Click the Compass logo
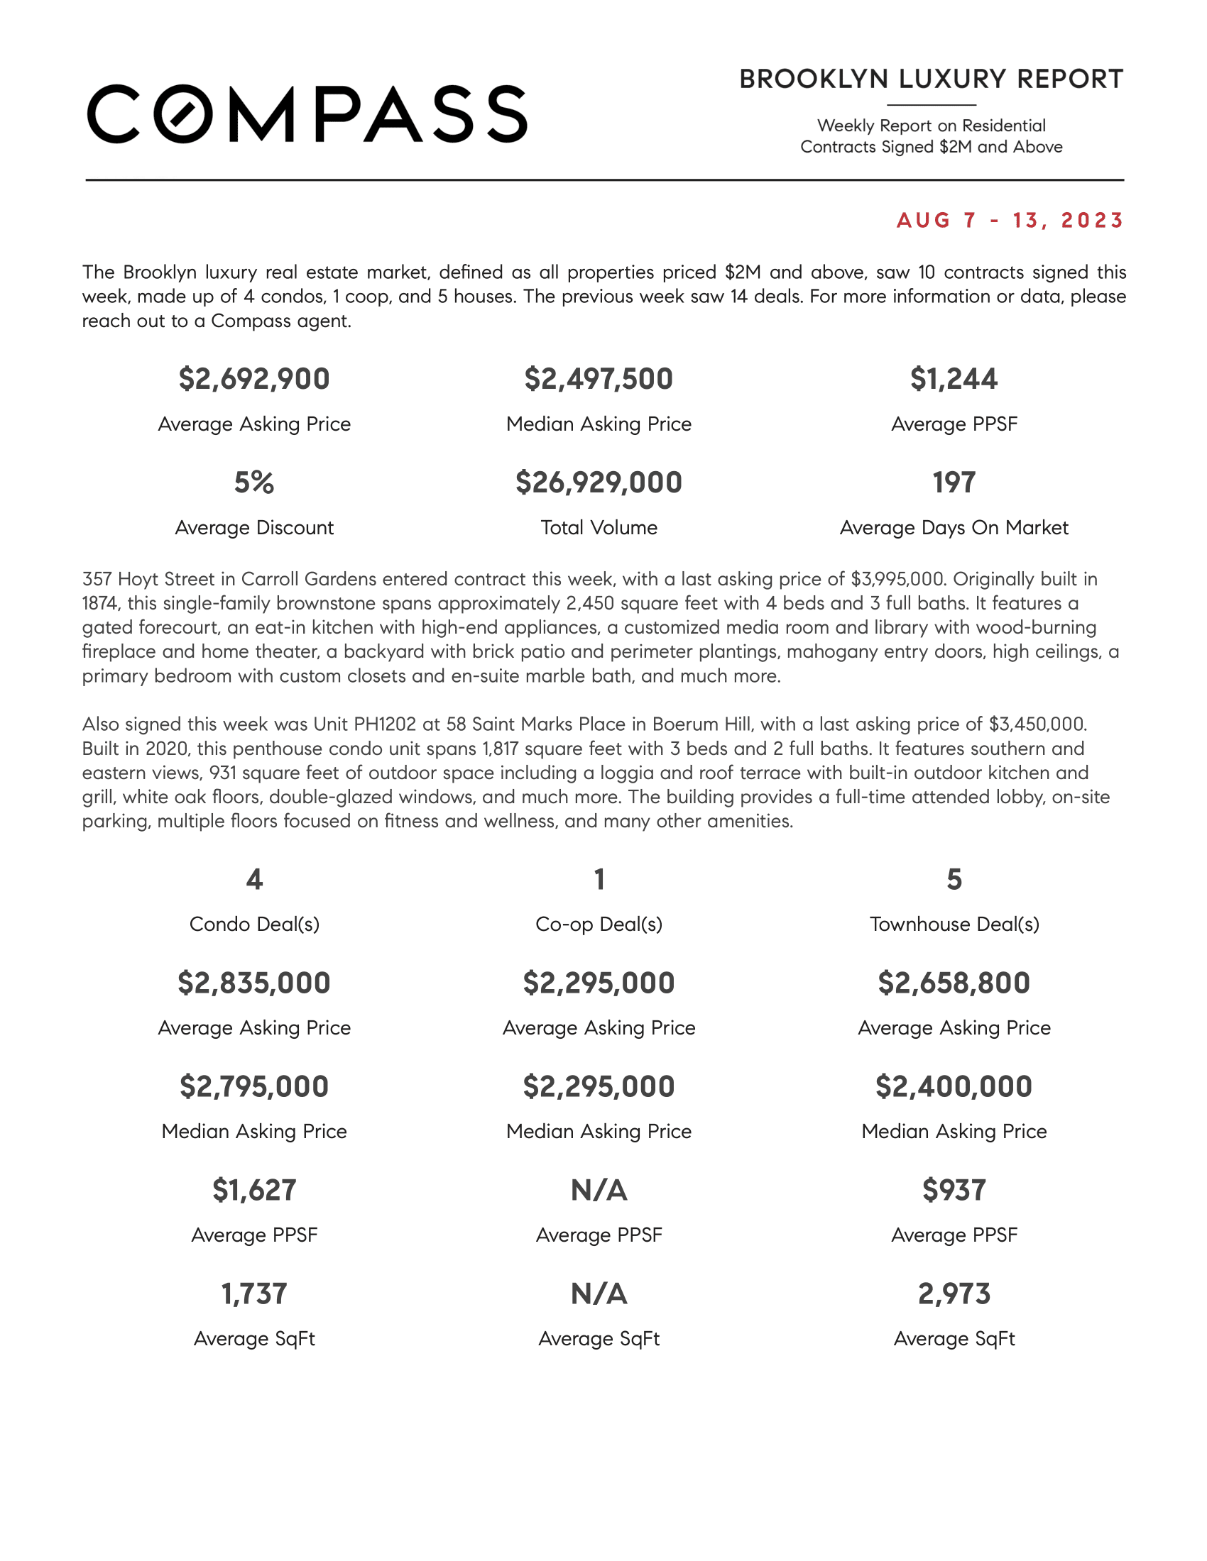coord(307,114)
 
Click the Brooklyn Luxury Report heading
coord(931,79)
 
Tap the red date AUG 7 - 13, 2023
coord(1010,220)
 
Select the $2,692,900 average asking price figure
coord(255,379)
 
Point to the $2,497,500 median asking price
coord(599,379)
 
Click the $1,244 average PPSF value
coord(954,379)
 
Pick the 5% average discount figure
coord(255,482)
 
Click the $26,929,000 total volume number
coord(599,482)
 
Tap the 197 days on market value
coord(954,482)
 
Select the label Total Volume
coord(599,527)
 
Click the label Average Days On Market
coord(954,527)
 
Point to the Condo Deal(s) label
coord(255,924)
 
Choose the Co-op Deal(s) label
coord(599,924)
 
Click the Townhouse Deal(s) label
coord(954,924)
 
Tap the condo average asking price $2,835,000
coord(255,983)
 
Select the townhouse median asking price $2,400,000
coord(954,1086)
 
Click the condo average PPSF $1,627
coord(255,1190)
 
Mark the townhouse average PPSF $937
coord(954,1190)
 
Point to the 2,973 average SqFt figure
coord(954,1294)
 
